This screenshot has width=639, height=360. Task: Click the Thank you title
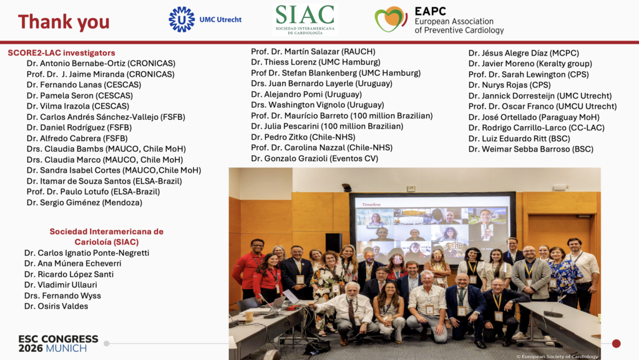pos(64,22)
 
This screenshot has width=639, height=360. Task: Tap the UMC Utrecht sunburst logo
pos(182,19)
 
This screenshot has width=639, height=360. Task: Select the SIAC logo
pos(305,19)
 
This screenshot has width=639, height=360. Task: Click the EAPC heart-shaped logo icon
pos(391,19)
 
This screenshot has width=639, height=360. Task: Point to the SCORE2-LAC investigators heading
pos(61,53)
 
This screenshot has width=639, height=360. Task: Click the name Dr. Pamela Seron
pos(80,95)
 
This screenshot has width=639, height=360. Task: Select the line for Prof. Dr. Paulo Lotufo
pos(94,192)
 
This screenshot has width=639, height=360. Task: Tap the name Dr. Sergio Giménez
pos(84,202)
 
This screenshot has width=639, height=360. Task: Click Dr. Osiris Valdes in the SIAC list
pos(56,306)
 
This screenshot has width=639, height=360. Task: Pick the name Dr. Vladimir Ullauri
pos(61,285)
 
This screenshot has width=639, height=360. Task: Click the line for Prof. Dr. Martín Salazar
pos(313,51)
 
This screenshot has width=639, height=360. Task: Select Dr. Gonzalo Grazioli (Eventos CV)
pos(315,158)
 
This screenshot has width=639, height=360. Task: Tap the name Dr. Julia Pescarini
pos(327,126)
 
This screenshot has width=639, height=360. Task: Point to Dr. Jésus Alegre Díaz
pos(524,53)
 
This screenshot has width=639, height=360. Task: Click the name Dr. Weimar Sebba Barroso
pos(531,149)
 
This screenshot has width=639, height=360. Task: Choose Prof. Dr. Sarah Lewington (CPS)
pos(529,74)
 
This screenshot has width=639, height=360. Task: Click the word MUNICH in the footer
pos(66,349)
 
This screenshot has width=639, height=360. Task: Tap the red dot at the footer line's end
pos(616,344)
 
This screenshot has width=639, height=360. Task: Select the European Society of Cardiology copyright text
pos(557,356)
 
